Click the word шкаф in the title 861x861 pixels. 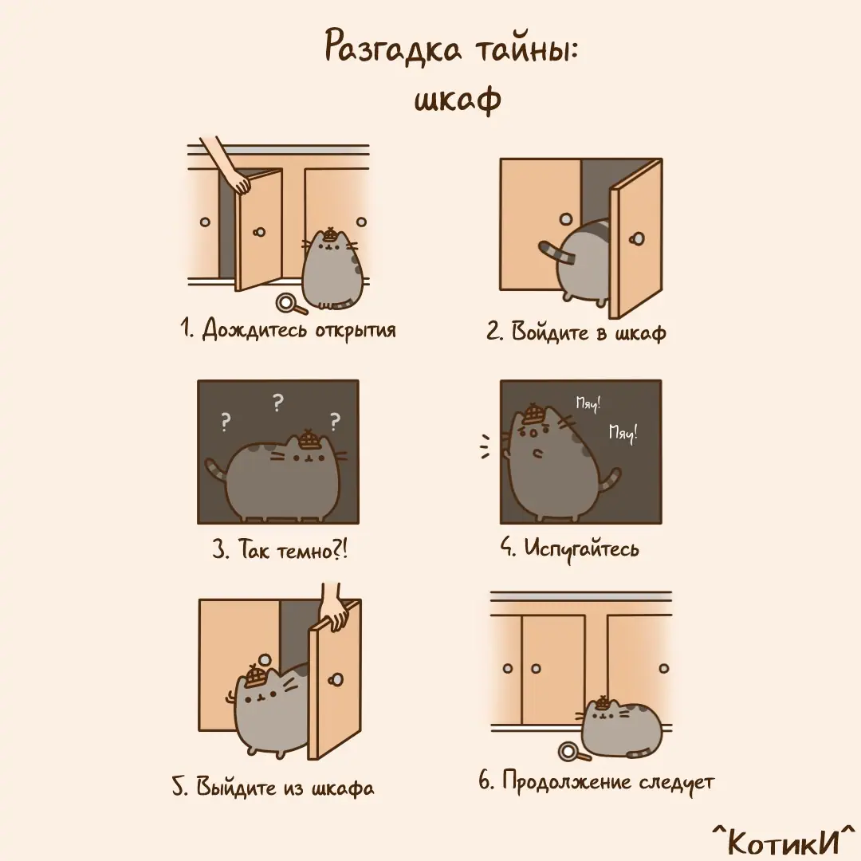click(x=458, y=100)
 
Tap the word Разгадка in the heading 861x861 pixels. click(x=393, y=49)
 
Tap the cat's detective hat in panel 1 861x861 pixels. click(x=329, y=234)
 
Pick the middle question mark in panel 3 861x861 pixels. click(x=278, y=403)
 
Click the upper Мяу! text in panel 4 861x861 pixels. click(x=588, y=403)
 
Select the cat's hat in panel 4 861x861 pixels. click(x=532, y=414)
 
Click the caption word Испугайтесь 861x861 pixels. click(x=581, y=548)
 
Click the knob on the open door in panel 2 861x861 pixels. click(x=638, y=239)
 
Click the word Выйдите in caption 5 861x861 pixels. click(x=236, y=788)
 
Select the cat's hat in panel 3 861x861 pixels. click(x=308, y=438)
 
